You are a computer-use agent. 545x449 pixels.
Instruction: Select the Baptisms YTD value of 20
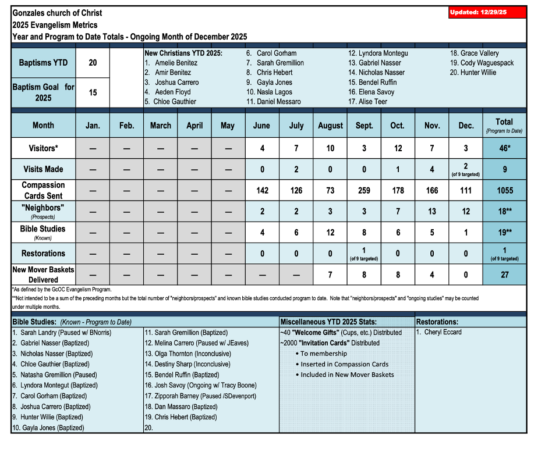click(93, 63)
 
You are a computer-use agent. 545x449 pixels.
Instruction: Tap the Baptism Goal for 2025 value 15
click(93, 92)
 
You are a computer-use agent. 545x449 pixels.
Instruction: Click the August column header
click(330, 125)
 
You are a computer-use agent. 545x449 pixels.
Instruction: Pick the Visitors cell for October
click(398, 148)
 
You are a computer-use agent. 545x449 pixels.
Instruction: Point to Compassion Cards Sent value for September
click(364, 190)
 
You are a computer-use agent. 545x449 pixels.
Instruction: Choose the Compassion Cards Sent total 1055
click(504, 190)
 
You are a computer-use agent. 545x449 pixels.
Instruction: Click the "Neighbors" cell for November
click(431, 211)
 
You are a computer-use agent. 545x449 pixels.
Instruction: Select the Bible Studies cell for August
click(330, 232)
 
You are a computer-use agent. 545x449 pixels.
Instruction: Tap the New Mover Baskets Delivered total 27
click(504, 275)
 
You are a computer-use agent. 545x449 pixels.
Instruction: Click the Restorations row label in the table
click(43, 254)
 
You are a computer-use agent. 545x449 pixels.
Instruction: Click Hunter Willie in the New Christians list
click(477, 73)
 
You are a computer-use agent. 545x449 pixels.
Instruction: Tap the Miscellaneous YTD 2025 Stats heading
click(328, 322)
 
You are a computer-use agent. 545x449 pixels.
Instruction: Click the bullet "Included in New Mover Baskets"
click(347, 375)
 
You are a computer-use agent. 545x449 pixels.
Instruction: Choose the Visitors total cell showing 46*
click(504, 148)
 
